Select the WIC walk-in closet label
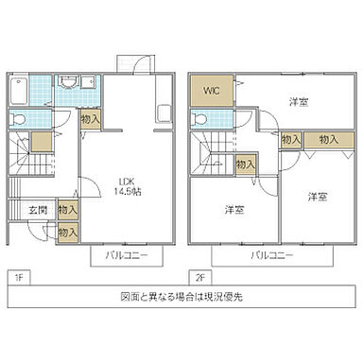(209, 92)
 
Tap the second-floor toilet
(201, 120)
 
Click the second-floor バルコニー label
(272, 255)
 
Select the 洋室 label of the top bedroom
(298, 102)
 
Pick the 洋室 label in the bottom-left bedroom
(234, 209)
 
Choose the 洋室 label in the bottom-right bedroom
(317, 197)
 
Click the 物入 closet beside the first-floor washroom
(90, 120)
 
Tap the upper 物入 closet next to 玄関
(67, 209)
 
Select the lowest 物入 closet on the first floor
(67, 232)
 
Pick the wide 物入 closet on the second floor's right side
(328, 139)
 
